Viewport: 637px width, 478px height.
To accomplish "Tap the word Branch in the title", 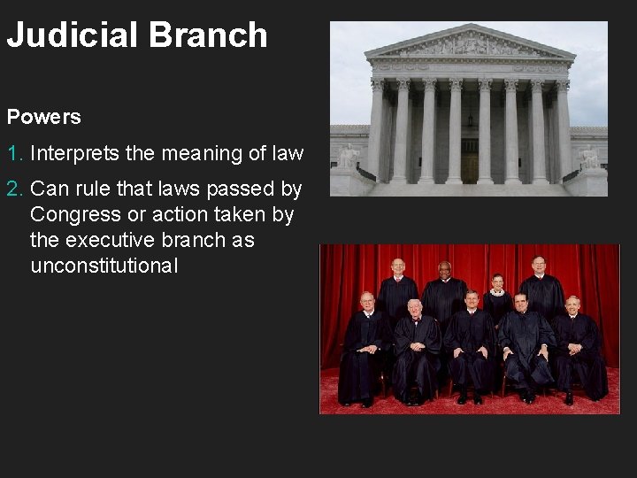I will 208,35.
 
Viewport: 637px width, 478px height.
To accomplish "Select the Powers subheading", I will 43,117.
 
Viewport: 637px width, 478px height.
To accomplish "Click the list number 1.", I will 14,154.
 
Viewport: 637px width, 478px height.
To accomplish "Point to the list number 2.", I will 14,189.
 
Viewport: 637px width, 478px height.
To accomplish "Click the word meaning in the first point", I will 201,154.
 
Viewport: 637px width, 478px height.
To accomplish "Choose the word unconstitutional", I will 104,266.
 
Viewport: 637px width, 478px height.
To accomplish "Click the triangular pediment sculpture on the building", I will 470,44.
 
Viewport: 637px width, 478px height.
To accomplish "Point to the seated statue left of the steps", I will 348,158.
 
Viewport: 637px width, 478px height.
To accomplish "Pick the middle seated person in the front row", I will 470,345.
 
